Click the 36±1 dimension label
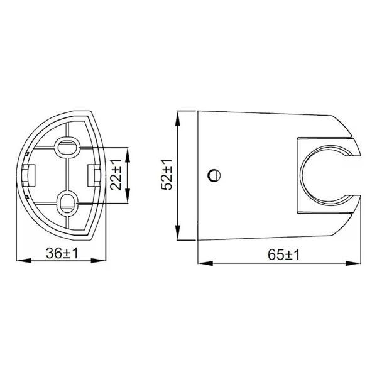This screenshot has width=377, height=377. tap(62, 253)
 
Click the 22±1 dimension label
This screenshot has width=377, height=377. tap(116, 175)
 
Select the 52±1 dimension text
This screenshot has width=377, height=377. tap(167, 175)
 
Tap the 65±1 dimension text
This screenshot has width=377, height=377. tap(284, 255)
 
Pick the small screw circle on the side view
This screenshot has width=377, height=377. tap(214, 175)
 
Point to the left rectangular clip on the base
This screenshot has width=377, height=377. tap(29, 175)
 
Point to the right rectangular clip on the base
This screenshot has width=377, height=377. tap(94, 175)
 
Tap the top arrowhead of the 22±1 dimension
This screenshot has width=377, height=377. tap(128, 154)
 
